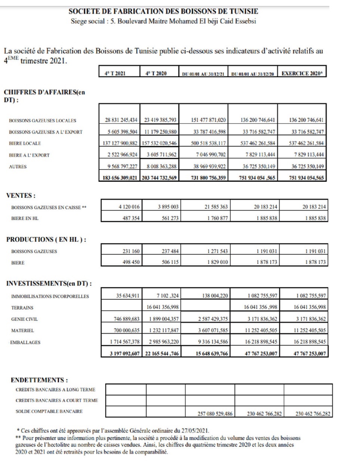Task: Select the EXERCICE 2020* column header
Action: (x=302, y=73)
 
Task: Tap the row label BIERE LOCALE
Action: (x=25, y=143)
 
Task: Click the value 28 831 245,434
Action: (x=121, y=120)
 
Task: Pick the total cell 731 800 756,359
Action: (x=208, y=178)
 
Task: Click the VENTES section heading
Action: (x=21, y=195)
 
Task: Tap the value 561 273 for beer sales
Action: (x=170, y=218)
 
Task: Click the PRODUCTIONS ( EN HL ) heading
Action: (x=46, y=239)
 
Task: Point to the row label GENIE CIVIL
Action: (x=24, y=319)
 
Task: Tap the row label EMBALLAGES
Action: (x=25, y=342)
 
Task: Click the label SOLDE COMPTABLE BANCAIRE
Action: (x=49, y=411)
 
